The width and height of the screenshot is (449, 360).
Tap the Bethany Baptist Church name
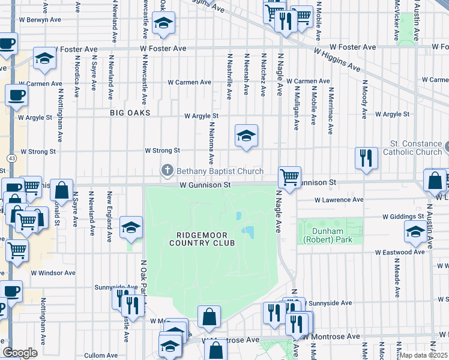pyautogui.click(x=220, y=172)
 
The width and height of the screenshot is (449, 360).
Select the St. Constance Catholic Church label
pyautogui.click(x=415, y=148)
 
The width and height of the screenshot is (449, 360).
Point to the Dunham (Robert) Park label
pyautogui.click(x=330, y=235)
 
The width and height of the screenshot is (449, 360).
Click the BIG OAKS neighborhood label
pyautogui.click(x=130, y=113)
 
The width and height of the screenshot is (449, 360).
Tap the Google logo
pyautogui.click(x=20, y=353)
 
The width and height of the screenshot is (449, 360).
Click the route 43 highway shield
pyautogui.click(x=11, y=158)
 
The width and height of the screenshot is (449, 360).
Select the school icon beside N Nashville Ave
pyautogui.click(x=246, y=137)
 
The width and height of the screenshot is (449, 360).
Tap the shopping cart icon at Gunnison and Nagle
pyautogui.click(x=289, y=178)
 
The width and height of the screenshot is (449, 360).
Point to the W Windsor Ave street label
pyautogui.click(x=53, y=272)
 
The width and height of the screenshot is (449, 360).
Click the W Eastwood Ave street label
pyautogui.click(x=400, y=253)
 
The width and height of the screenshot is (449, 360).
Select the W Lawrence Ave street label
pyautogui.click(x=339, y=200)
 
